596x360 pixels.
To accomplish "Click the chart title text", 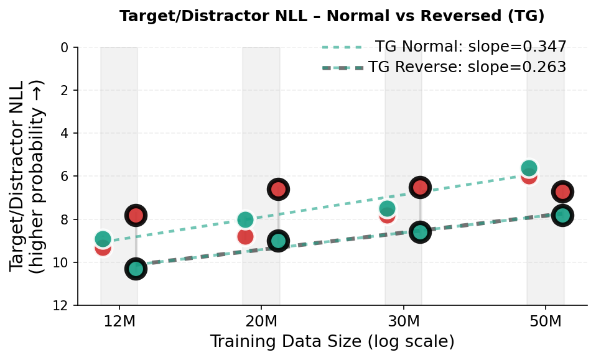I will (332, 16).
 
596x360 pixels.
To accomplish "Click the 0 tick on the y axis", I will (64, 48).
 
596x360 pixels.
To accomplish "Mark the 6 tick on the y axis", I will (64, 177).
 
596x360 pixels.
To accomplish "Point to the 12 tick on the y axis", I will (61, 306).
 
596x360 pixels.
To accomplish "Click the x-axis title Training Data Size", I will (332, 342).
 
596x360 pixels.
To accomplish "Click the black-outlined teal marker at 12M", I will (136, 269).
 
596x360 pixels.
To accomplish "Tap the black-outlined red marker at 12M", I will (136, 215).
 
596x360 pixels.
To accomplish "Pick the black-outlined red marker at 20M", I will (278, 189).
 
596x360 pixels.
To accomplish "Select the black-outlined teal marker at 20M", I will (278, 241).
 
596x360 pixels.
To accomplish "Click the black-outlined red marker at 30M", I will (421, 187).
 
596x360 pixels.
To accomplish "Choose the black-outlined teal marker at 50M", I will (562, 216).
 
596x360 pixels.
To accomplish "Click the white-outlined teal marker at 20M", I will (245, 219).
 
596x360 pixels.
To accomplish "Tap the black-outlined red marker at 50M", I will (562, 192).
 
